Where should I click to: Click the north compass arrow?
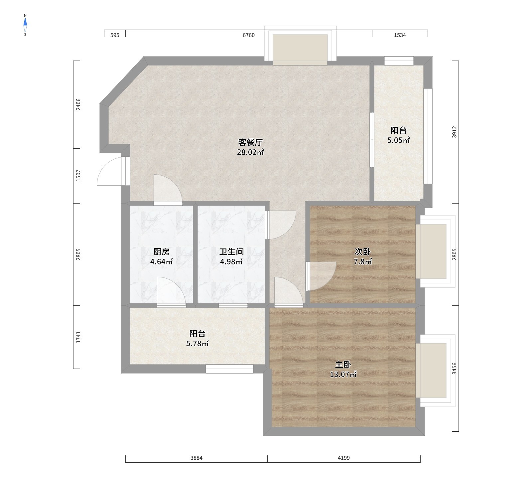(x=25, y=22)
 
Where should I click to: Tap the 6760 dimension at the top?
(x=249, y=35)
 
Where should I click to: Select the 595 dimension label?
(x=115, y=35)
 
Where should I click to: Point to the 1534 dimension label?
(x=400, y=35)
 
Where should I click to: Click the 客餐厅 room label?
(x=250, y=142)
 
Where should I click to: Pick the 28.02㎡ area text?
(x=250, y=153)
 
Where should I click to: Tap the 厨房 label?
(x=161, y=252)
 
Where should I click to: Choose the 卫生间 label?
(x=231, y=252)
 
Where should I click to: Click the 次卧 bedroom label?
(x=363, y=252)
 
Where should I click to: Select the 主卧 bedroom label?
(x=343, y=365)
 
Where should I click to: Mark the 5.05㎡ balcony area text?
(x=398, y=140)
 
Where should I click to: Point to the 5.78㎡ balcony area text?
(x=198, y=344)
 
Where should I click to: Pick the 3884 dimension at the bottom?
(x=197, y=458)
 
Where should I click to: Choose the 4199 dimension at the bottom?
(x=344, y=458)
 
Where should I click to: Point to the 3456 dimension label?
(x=455, y=369)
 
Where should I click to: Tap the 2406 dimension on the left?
(x=78, y=104)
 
